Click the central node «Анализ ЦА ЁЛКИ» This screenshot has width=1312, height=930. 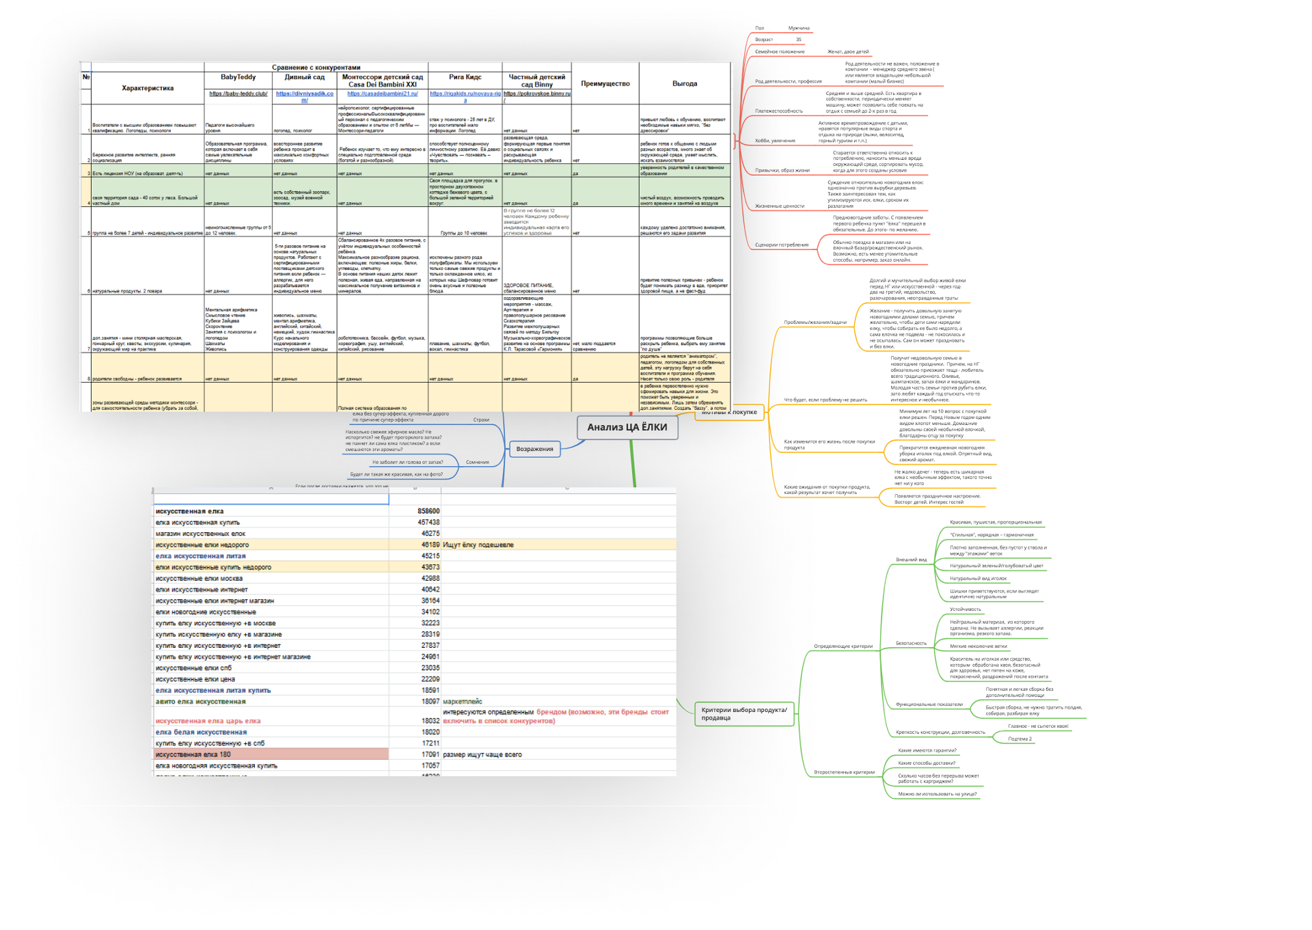(627, 428)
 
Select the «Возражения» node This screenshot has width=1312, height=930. (534, 449)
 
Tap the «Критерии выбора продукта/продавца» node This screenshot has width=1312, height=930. (744, 714)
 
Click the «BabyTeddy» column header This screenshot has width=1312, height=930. (238, 77)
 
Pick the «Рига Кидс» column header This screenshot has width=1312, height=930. (465, 77)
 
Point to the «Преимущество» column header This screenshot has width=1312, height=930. (605, 83)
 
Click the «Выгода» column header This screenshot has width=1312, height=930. (684, 83)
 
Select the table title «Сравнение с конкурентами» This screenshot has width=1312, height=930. (316, 68)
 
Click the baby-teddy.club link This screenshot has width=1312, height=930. (238, 94)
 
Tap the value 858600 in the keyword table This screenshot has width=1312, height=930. (428, 511)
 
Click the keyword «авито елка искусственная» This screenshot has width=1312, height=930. (200, 702)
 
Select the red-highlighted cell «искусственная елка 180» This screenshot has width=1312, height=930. (193, 754)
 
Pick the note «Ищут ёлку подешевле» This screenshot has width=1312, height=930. (478, 545)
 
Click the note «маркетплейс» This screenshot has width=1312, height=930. (462, 702)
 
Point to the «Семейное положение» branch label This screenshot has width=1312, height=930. (779, 52)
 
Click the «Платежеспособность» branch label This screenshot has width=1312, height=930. (778, 111)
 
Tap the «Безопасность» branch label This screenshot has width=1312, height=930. (911, 644)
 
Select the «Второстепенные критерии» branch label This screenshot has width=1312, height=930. (844, 773)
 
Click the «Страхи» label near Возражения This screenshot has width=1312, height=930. (481, 420)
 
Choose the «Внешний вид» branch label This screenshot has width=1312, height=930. (911, 560)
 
